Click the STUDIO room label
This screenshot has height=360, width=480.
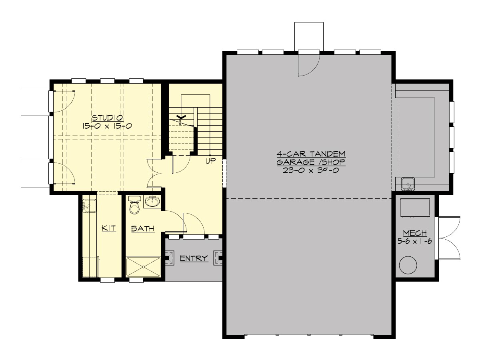[x=108, y=118]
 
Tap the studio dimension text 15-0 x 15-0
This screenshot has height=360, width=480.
[x=108, y=126]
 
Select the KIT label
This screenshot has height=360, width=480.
[x=108, y=228]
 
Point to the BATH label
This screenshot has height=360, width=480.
[x=143, y=229]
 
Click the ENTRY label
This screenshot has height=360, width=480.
[x=194, y=258]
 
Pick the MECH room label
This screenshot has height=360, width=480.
[x=414, y=233]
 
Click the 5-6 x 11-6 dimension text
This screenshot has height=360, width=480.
[x=414, y=241]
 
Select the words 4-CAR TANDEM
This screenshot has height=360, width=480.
[x=311, y=154]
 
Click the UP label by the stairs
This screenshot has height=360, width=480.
[x=210, y=162]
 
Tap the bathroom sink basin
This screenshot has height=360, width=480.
[x=152, y=202]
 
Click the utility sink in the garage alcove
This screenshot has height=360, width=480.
[x=408, y=184]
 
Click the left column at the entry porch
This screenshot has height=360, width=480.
[x=170, y=258]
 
